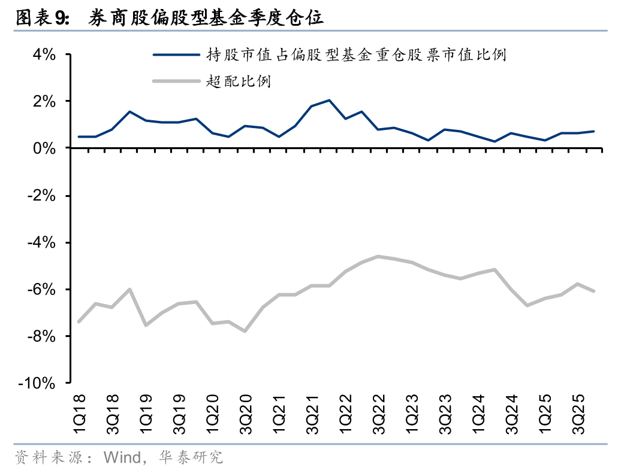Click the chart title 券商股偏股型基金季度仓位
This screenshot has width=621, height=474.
(206, 19)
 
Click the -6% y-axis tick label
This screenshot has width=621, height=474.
(41, 289)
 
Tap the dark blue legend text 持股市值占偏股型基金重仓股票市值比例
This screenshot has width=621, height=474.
(357, 55)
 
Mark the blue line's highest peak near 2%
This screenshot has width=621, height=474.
(329, 101)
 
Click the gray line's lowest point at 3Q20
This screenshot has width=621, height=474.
(245, 330)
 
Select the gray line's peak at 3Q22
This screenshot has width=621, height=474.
(378, 256)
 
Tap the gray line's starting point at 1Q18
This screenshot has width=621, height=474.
(79, 321)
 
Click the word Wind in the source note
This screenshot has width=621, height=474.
(122, 458)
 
